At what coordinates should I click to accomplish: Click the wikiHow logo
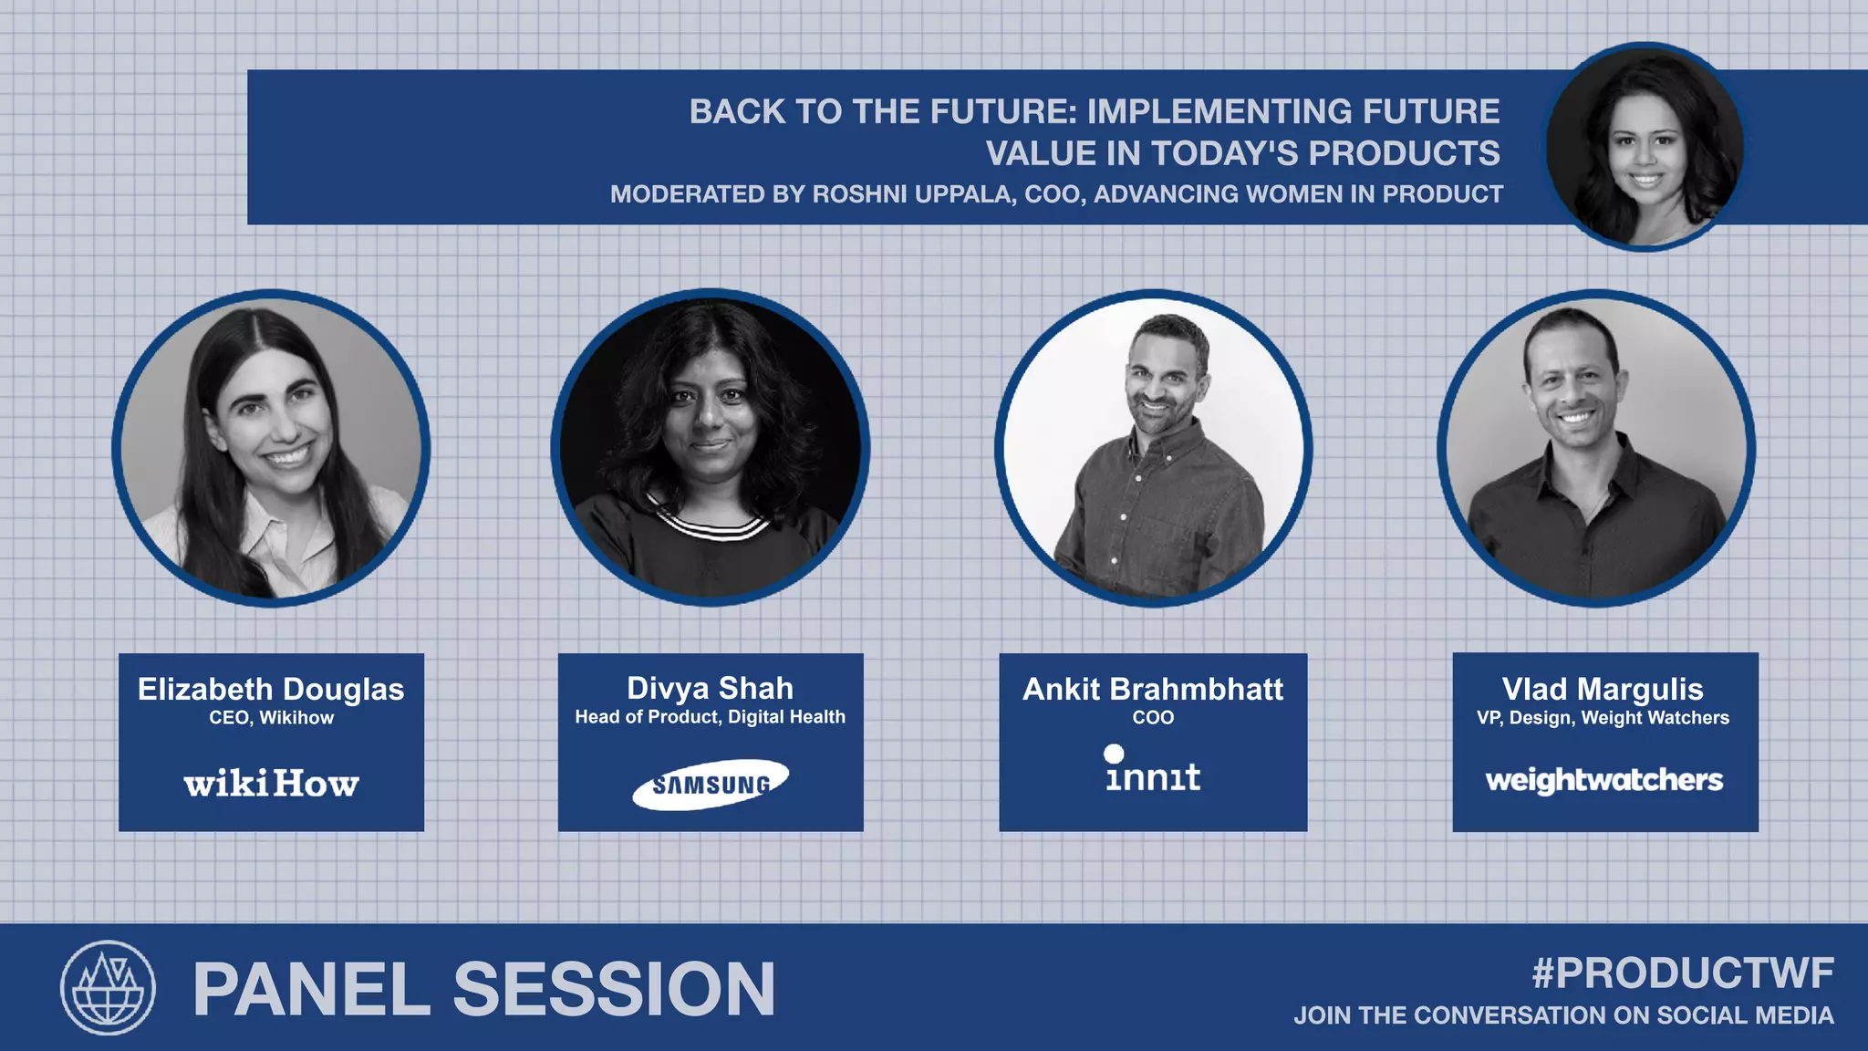(x=271, y=784)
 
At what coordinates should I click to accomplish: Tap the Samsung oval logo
(x=711, y=784)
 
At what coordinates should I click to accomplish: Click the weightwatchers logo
(x=1603, y=780)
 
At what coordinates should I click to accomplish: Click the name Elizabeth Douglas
(x=271, y=689)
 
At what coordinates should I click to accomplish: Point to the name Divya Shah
(x=710, y=688)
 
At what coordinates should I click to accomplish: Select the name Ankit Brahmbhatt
(x=1153, y=689)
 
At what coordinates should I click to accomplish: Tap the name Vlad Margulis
(x=1603, y=689)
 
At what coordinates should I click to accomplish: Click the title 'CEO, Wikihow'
(x=271, y=718)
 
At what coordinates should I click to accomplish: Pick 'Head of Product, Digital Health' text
(x=710, y=717)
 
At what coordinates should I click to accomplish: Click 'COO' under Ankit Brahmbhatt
(x=1153, y=718)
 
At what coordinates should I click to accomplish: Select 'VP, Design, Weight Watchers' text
(x=1603, y=718)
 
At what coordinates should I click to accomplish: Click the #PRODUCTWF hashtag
(x=1683, y=973)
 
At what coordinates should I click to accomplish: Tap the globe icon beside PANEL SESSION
(x=108, y=987)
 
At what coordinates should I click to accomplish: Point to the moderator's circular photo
(x=1645, y=146)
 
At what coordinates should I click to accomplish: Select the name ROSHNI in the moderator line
(x=856, y=194)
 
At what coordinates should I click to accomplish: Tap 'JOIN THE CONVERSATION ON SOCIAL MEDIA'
(x=1563, y=1015)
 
